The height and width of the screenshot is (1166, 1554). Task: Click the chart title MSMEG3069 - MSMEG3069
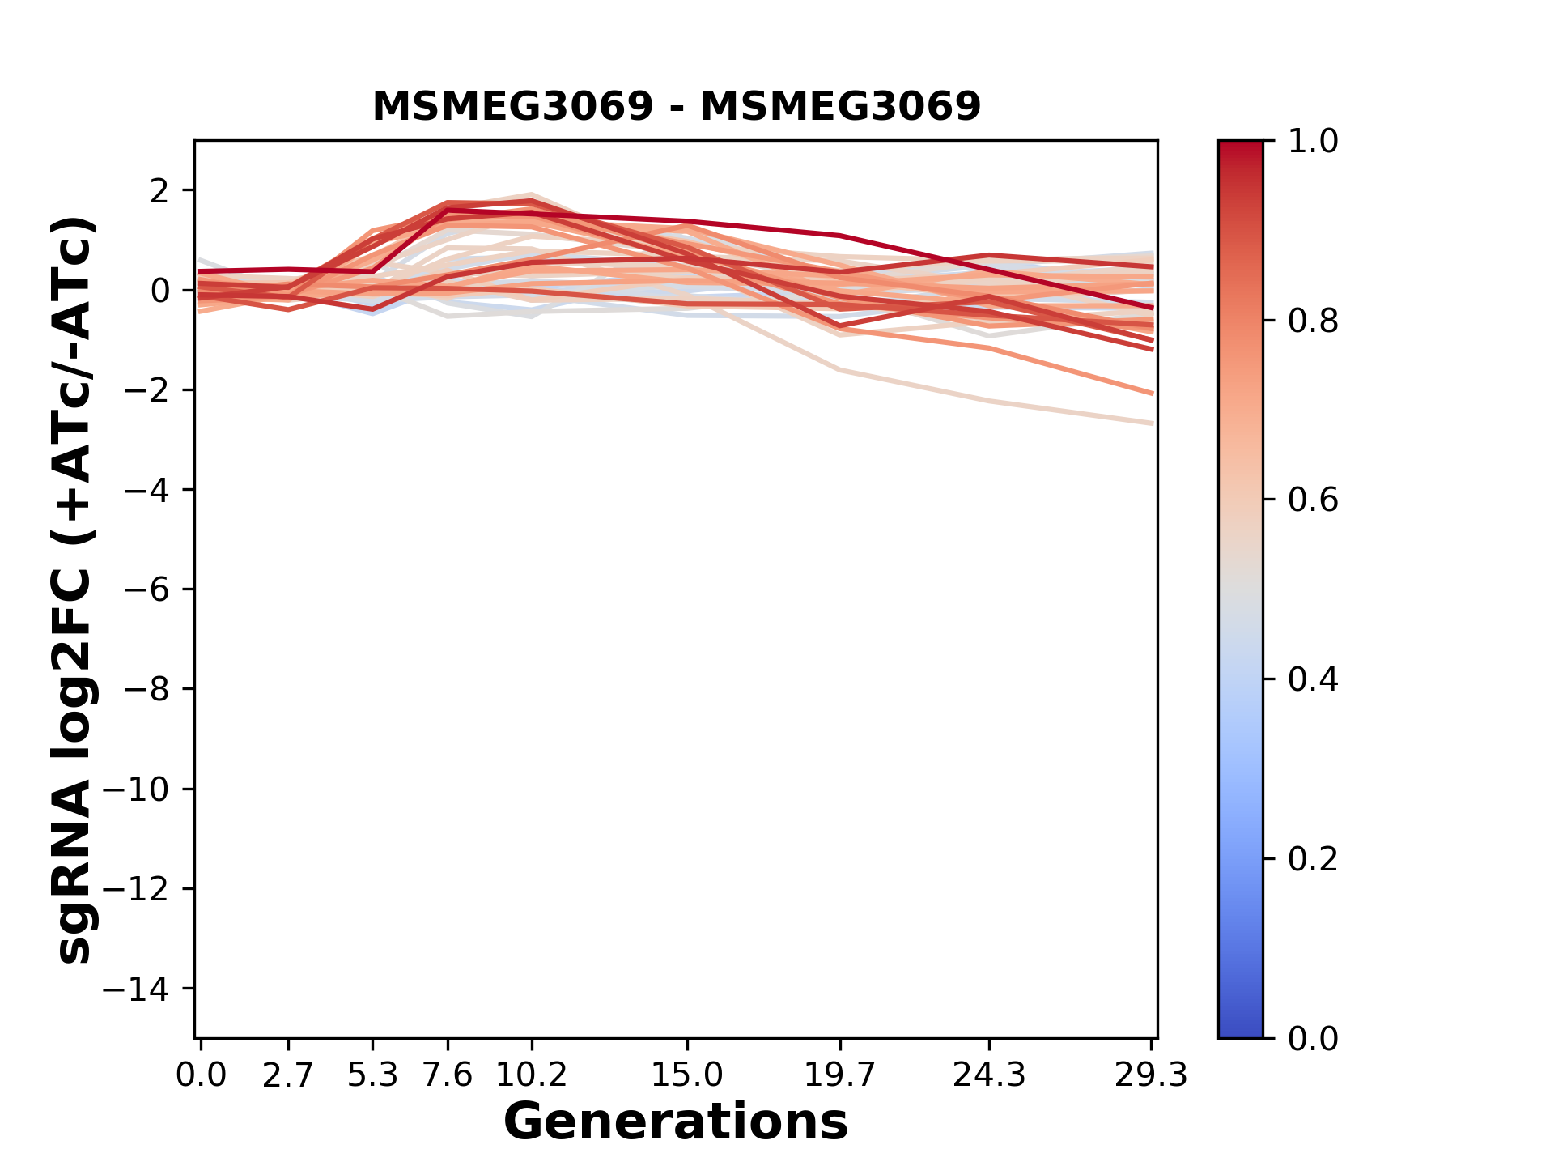[676, 106]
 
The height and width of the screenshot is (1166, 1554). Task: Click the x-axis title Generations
[676, 1122]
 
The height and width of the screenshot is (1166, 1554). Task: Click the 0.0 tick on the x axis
[201, 1075]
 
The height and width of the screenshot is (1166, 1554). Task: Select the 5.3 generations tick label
[372, 1075]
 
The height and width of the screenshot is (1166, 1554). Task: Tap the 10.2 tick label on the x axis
[531, 1075]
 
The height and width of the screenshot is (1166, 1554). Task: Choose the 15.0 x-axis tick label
[687, 1075]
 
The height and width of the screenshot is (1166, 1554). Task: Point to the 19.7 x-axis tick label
[840, 1075]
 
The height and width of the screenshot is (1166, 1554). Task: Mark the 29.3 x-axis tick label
[1151, 1075]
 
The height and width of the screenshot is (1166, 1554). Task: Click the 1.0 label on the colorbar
[1313, 142]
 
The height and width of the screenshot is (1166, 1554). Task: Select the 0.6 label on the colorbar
[1313, 500]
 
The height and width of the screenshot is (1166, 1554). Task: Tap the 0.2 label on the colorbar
[1313, 859]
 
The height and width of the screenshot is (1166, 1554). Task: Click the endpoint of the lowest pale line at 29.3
[1151, 423]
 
